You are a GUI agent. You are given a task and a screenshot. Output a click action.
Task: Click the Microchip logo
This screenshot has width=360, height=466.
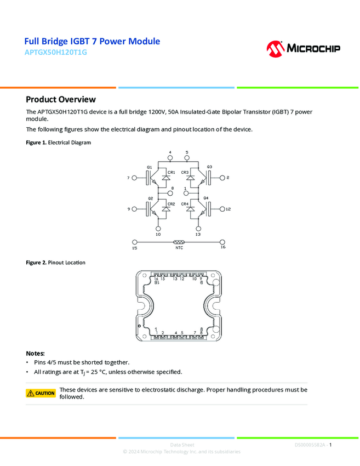click(x=303, y=48)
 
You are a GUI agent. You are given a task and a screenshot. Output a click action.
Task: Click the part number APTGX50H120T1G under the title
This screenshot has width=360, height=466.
click(x=55, y=53)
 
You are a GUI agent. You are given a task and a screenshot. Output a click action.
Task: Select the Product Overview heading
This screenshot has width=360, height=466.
click(x=61, y=99)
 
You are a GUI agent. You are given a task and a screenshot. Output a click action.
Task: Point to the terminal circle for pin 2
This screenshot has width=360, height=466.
click(x=222, y=178)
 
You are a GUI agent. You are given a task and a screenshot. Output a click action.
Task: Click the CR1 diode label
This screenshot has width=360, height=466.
click(x=171, y=172)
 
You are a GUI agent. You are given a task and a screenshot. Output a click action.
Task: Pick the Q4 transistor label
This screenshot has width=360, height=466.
click(x=206, y=197)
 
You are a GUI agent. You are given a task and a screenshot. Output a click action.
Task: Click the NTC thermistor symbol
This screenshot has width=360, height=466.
click(x=179, y=242)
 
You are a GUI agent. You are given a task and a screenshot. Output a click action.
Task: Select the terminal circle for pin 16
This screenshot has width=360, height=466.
click(x=222, y=242)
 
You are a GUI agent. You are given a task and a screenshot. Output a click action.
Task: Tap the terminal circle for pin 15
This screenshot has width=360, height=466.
click(x=135, y=242)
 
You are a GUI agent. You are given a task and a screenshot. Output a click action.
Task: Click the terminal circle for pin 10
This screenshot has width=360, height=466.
click(x=158, y=228)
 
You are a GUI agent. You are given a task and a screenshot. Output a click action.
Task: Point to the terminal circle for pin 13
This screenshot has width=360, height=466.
click(x=198, y=228)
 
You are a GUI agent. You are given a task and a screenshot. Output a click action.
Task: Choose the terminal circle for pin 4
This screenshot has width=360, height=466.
click(x=170, y=158)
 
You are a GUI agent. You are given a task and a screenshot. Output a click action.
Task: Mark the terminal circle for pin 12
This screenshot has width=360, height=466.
click(x=222, y=209)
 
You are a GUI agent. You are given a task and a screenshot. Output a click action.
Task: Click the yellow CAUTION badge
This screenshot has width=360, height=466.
click(x=41, y=393)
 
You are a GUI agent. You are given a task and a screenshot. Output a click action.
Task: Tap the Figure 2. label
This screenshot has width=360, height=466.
click(x=36, y=263)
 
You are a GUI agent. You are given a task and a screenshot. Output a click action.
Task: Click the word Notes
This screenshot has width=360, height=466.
click(x=36, y=353)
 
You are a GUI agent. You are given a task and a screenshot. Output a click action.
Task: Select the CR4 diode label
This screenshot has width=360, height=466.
click(x=185, y=204)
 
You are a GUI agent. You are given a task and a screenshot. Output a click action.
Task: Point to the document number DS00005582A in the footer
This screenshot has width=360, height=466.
click(x=310, y=445)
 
